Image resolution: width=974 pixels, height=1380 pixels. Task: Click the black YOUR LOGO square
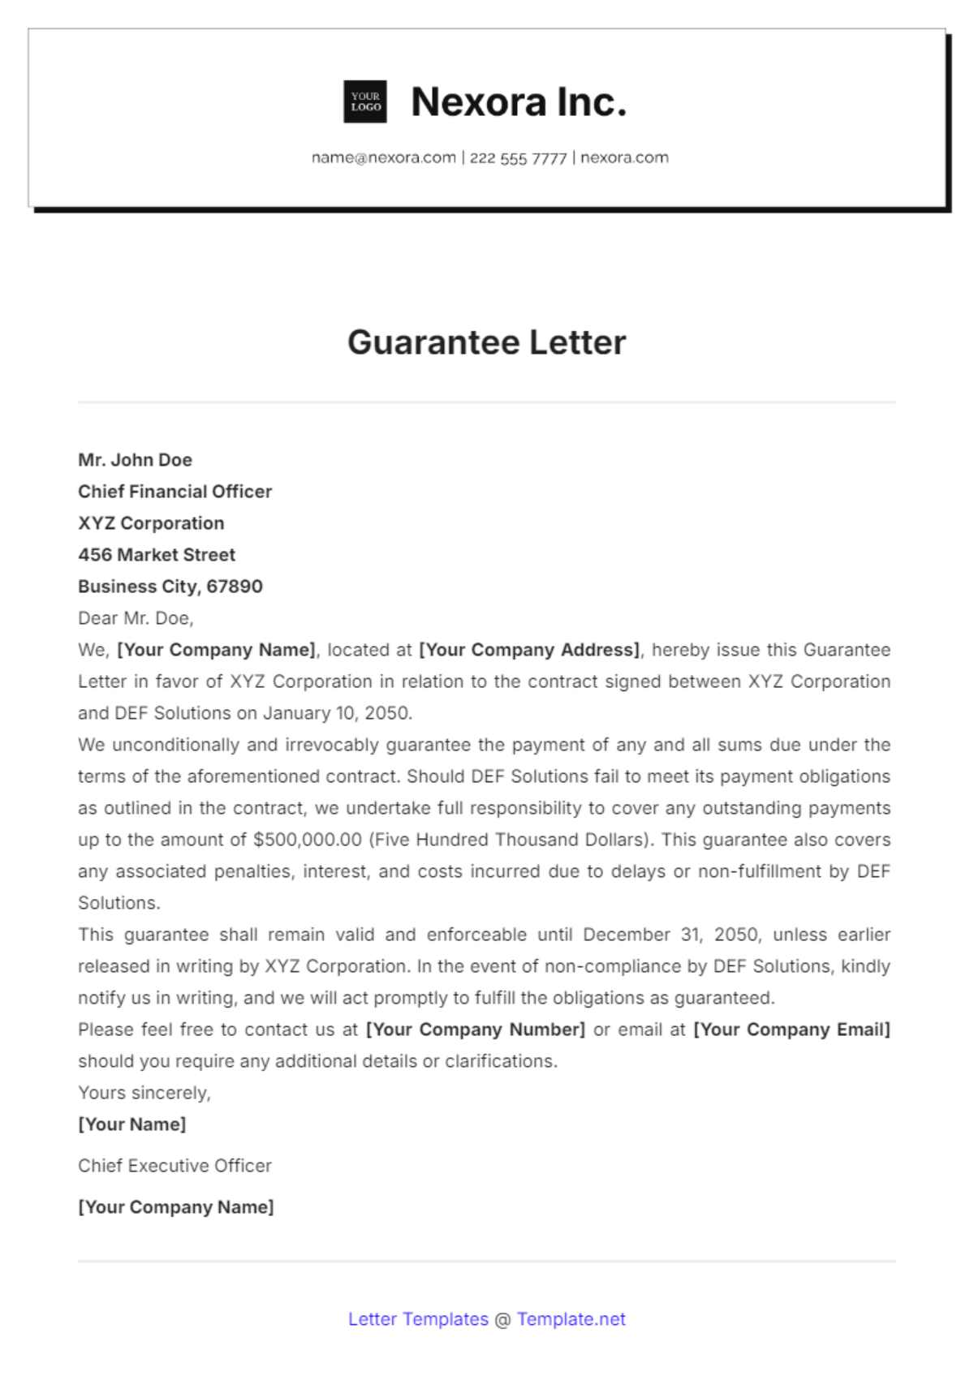(x=365, y=101)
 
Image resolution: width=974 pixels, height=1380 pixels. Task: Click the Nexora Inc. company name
(x=519, y=102)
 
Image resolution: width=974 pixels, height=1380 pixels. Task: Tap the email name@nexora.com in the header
(x=383, y=157)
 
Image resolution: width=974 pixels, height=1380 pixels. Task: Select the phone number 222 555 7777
(x=518, y=158)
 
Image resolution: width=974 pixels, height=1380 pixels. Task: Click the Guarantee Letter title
(x=486, y=342)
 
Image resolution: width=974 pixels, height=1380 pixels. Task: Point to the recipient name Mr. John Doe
(x=135, y=460)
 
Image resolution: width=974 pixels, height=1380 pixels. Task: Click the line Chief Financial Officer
(x=175, y=492)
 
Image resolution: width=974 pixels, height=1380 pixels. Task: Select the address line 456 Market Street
(x=157, y=555)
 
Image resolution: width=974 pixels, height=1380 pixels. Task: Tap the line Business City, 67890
(x=170, y=587)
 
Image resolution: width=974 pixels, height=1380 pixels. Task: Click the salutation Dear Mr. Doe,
(x=136, y=618)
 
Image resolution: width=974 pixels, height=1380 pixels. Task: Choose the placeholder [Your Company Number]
(x=476, y=1030)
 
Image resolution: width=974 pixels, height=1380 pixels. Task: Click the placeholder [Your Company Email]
(x=791, y=1030)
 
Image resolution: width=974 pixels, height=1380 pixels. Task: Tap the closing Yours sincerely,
(x=144, y=1093)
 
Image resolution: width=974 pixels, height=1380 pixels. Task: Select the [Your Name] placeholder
(x=131, y=1124)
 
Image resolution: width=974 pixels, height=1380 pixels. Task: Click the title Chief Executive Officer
(x=175, y=1166)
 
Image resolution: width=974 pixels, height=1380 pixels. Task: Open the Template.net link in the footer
(x=571, y=1319)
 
